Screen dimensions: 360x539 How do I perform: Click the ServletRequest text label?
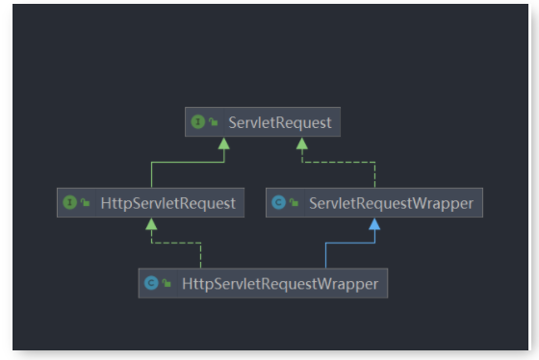280,122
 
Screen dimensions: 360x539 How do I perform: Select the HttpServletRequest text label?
168,203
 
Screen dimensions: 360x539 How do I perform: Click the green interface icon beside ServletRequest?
197,122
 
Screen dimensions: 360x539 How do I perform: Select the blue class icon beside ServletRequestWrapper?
278,203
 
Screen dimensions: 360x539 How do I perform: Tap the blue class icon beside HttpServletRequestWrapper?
150,283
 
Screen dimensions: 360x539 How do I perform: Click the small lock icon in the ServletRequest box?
212,123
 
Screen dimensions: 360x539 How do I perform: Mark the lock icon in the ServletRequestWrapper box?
294,204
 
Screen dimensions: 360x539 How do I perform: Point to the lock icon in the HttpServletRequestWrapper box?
166,284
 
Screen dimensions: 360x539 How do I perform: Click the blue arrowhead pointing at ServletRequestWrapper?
374,223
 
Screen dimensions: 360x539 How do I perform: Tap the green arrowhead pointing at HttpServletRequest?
151,223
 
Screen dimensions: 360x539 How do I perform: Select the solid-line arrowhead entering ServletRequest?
224,142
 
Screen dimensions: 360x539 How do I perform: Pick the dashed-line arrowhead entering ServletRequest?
301,142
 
